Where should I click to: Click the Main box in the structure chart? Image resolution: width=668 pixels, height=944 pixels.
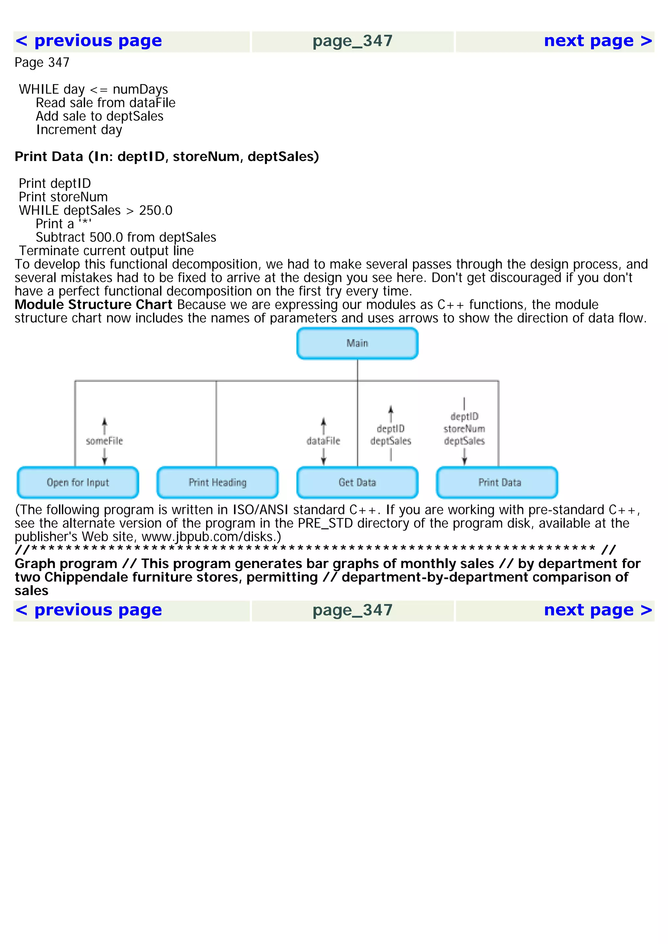click(x=357, y=343)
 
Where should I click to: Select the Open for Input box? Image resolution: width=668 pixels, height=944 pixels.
click(x=78, y=482)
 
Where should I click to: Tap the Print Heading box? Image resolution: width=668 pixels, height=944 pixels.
click(x=217, y=482)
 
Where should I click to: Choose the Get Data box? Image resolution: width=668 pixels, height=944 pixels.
click(x=357, y=482)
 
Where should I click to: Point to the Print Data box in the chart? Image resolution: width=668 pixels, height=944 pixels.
click(x=497, y=482)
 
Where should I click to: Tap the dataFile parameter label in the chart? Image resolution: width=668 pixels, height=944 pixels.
click(x=323, y=441)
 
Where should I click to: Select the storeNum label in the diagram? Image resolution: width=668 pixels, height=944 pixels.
click(x=464, y=429)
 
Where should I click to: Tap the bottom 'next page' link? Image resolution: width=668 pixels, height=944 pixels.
click(x=598, y=610)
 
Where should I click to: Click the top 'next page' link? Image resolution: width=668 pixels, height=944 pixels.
click(x=598, y=41)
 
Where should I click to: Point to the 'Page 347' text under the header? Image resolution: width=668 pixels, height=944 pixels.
click(x=42, y=63)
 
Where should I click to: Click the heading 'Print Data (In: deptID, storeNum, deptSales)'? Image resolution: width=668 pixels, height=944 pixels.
click(x=167, y=157)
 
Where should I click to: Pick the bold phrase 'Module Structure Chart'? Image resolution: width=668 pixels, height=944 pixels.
click(x=93, y=305)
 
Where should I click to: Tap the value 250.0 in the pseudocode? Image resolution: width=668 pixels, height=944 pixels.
click(x=156, y=210)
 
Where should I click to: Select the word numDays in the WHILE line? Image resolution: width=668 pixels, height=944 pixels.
click(x=140, y=90)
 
